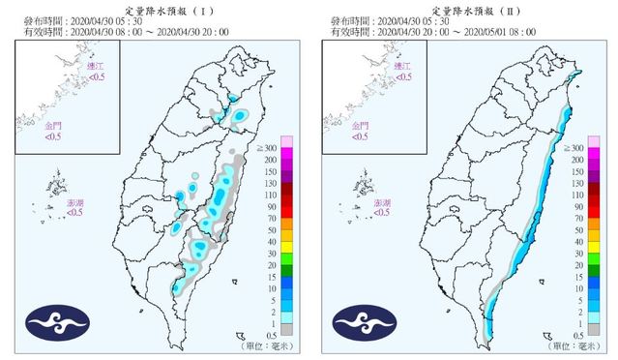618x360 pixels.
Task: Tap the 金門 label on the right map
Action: pos(359,126)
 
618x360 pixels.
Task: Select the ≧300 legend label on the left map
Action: pos(270,146)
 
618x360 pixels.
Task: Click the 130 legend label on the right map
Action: pos(577,182)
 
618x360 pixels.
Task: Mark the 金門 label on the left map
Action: pos(53,126)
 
